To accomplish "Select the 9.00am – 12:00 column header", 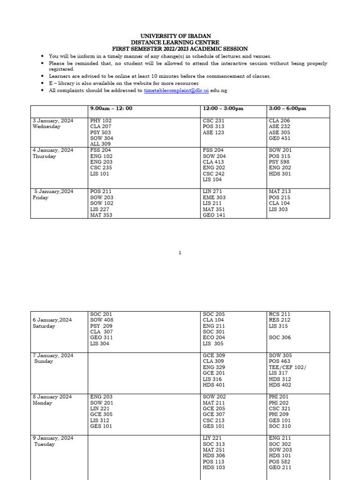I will [x=111, y=108].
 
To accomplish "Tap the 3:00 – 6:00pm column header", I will [x=287, y=108].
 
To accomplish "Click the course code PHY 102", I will [x=101, y=120].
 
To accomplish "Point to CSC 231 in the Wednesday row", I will [x=213, y=120].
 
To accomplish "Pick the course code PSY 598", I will [x=279, y=162].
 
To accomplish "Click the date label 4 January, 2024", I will [x=53, y=150].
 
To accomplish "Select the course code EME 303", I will [x=214, y=197].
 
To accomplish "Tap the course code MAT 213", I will [x=279, y=191].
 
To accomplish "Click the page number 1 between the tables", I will [x=180, y=253].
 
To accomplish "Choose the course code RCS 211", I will [x=279, y=314].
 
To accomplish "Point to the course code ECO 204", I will [x=214, y=337].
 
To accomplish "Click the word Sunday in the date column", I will [x=44, y=361].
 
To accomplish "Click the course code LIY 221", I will [x=212, y=438].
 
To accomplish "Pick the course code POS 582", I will [x=279, y=462].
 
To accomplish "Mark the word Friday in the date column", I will [x=41, y=197].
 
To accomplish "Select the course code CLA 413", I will [x=214, y=162].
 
